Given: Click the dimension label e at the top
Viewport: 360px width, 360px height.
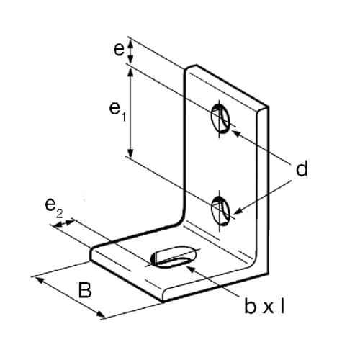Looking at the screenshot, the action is pos(119,50).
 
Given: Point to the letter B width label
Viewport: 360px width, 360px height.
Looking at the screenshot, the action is pos(85,290).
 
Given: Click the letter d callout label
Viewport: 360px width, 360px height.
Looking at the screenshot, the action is pos(302,168).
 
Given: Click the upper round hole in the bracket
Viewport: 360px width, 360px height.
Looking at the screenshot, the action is pos(220,118).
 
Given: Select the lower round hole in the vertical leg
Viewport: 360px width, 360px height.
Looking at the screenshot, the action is pos(220,210).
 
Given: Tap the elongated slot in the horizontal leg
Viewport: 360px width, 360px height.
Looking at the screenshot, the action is pos(174,256).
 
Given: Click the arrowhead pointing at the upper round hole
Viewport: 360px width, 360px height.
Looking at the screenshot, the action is pos(236,132).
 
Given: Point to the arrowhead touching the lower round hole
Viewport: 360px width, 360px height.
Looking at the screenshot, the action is pos(238,211).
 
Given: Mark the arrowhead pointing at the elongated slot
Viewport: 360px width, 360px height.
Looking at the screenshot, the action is pos(190,269).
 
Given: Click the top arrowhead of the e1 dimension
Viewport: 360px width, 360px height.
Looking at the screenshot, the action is pos(130,72).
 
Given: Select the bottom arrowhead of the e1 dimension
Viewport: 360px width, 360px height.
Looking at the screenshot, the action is pos(130,152).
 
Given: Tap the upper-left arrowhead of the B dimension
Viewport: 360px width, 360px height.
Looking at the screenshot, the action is pos(39,280).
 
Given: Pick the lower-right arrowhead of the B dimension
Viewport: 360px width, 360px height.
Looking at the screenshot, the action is pos(100,315).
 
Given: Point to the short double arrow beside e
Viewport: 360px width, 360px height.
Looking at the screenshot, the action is pos(130,51).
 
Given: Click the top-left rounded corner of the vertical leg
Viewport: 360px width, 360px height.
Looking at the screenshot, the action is pos(187,68).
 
